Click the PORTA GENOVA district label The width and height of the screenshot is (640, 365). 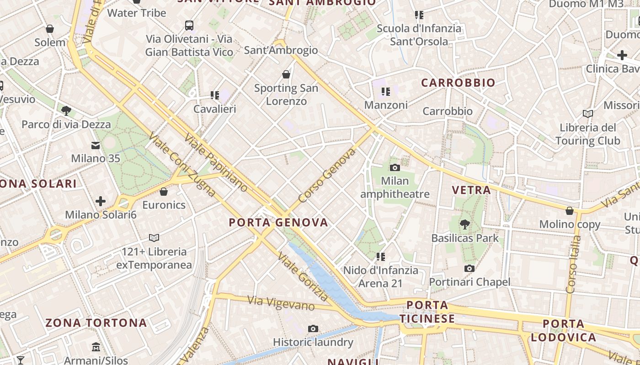point(278,223)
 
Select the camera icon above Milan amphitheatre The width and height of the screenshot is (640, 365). point(395,168)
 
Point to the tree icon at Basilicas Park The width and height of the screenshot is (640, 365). point(465,224)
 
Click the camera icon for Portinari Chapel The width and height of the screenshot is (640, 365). point(469,269)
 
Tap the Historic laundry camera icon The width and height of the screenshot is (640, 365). point(313,328)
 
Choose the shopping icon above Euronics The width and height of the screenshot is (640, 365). point(164,192)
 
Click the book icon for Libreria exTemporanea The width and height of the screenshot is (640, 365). point(154,238)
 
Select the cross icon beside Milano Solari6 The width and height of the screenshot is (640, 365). point(101,201)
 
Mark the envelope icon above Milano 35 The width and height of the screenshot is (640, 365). point(96,146)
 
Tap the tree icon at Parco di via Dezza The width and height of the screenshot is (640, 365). point(66,110)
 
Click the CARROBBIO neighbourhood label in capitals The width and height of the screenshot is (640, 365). point(458,83)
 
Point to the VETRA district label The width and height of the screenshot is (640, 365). point(471,190)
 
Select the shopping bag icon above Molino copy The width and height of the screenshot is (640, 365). point(570,211)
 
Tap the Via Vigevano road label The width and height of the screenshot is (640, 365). point(281,303)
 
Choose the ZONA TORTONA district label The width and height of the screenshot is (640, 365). point(96,323)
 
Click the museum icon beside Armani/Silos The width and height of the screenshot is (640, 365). point(96,347)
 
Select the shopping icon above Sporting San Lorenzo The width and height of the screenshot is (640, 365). point(286,74)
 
